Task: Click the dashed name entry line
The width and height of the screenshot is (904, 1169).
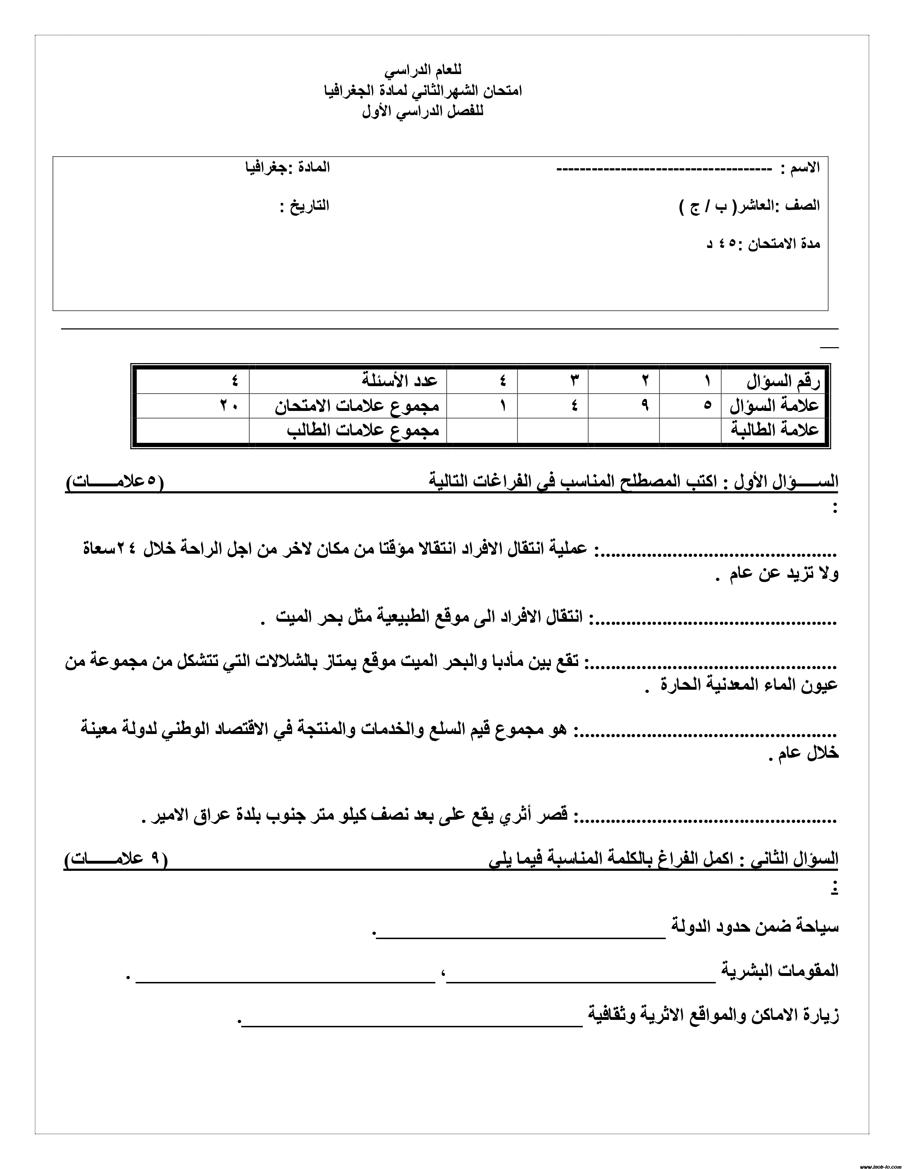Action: [x=664, y=170]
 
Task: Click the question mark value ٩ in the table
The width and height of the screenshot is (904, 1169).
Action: [x=645, y=406]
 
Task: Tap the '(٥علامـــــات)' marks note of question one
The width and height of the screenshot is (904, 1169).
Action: [x=115, y=481]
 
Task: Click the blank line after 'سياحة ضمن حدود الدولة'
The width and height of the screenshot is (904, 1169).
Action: [x=520, y=934]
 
